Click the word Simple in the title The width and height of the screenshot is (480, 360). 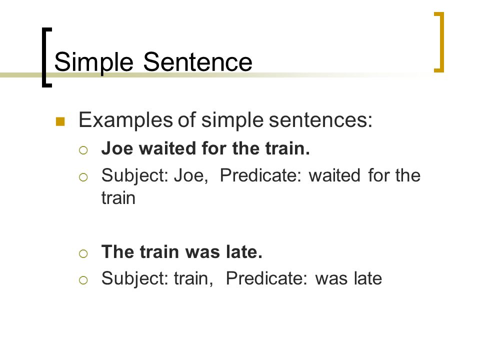point(93,63)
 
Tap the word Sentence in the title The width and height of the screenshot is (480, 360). point(197,62)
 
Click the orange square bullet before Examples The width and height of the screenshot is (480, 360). point(60,121)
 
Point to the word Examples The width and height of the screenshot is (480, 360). point(126,120)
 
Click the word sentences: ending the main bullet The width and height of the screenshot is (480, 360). point(320,119)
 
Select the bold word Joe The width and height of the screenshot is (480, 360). point(117,148)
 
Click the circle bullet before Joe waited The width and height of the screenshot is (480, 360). point(83,150)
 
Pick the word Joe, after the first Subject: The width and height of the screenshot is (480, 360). point(191,175)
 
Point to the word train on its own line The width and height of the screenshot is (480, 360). point(118,198)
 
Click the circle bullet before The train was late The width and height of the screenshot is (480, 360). point(83,253)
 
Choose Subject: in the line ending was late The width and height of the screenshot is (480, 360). point(135,279)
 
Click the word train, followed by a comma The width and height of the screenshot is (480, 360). point(193,279)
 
